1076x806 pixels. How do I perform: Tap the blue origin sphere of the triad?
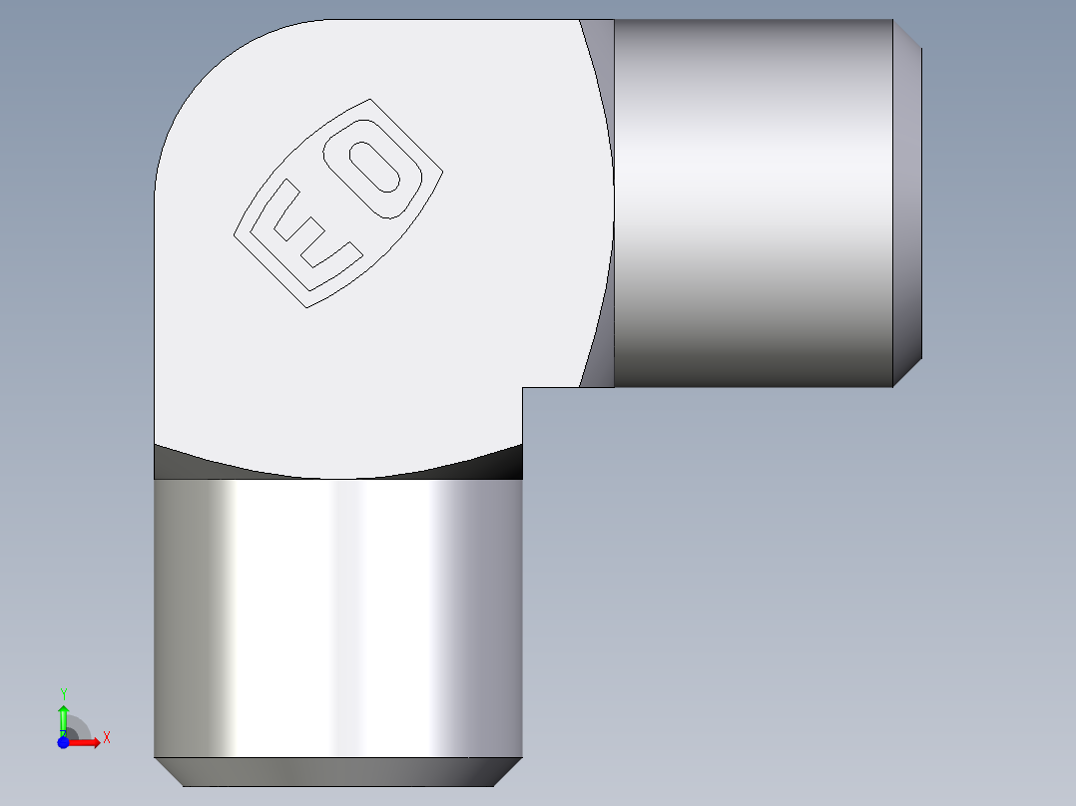tap(63, 742)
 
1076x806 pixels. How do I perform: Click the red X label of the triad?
tap(106, 738)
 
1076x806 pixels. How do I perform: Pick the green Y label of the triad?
tap(63, 693)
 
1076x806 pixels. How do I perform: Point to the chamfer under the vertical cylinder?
tap(337, 771)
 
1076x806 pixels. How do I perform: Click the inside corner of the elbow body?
tap(523, 388)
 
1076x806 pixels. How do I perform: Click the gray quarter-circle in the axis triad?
tap(79, 728)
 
